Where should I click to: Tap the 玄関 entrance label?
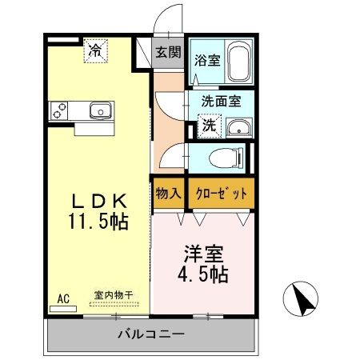tap(168, 53)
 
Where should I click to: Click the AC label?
tap(62, 298)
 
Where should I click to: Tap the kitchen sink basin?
tap(95, 111)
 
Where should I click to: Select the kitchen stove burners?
tap(59, 111)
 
